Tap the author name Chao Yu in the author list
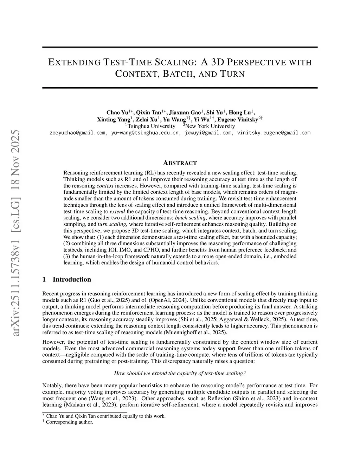tap(117, 113)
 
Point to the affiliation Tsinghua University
tap(151, 126)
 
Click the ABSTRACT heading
tap(180, 163)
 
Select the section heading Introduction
tap(72, 280)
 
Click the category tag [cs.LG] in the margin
tap(16, 190)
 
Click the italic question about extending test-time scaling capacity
tap(180, 373)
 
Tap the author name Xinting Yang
tap(114, 120)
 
